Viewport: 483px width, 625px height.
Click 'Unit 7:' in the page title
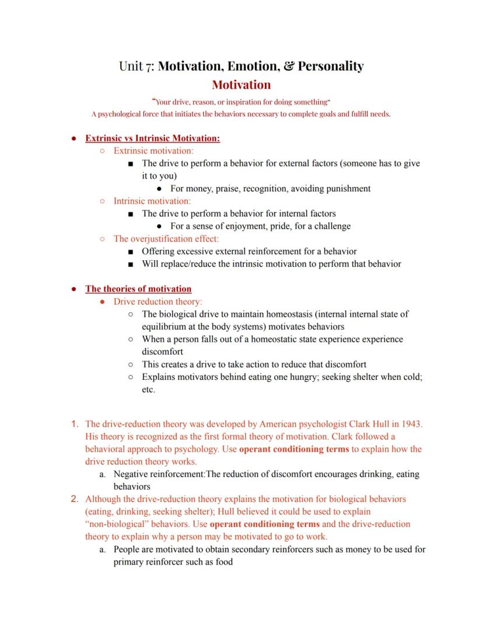coord(136,66)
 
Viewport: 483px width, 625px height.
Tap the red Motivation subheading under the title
coord(241,85)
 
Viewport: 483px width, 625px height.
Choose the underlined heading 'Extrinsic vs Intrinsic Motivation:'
coord(152,138)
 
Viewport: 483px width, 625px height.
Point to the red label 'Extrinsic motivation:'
coord(153,151)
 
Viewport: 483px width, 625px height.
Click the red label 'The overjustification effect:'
coord(166,239)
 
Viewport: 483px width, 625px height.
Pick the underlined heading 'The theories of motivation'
coord(138,289)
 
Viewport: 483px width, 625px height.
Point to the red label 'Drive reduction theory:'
coord(157,302)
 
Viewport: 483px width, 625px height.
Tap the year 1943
coord(411,424)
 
